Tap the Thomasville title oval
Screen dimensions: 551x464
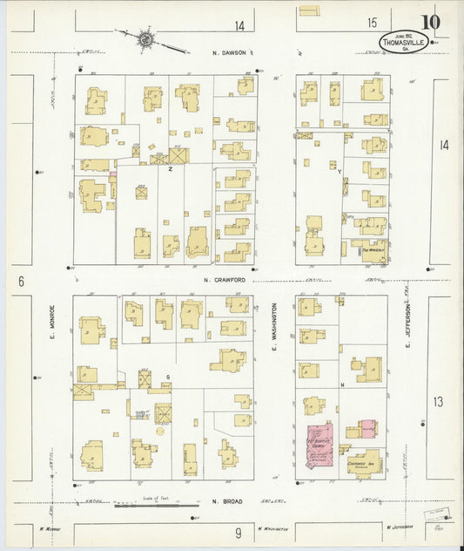coord(403,41)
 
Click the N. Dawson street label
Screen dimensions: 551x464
coord(232,53)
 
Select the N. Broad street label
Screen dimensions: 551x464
coord(228,501)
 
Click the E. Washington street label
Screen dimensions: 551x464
coord(273,334)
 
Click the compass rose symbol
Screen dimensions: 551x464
coord(146,39)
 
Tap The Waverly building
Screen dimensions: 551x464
coord(373,248)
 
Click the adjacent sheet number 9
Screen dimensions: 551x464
coord(238,531)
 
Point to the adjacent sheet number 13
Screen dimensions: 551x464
coord(440,401)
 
